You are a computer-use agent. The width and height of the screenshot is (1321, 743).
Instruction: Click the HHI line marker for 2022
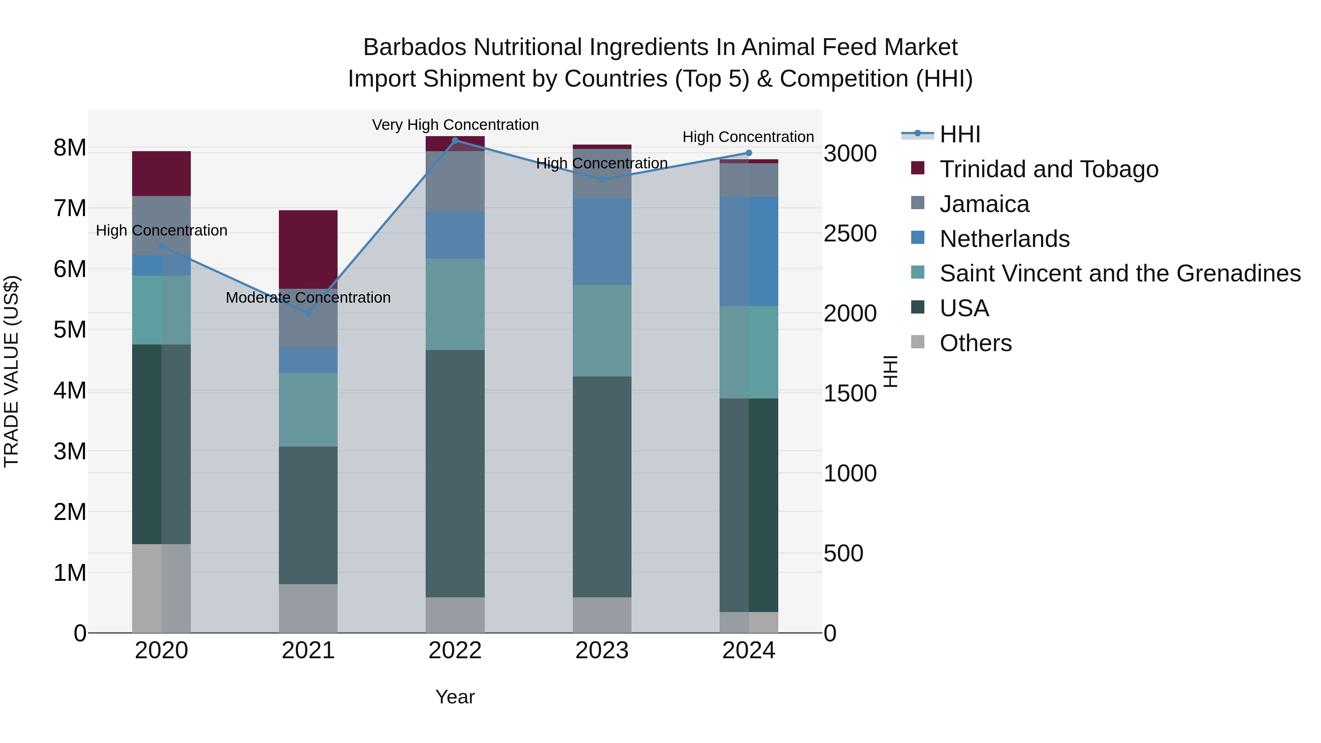tap(455, 141)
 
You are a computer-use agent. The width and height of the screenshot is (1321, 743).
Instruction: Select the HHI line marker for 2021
tap(308, 313)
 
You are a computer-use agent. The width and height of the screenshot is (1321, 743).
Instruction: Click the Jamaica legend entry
tap(983, 204)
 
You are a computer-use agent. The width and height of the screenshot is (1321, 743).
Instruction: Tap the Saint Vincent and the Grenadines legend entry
tap(1120, 273)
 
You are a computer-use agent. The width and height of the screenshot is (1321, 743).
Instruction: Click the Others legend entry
tap(975, 343)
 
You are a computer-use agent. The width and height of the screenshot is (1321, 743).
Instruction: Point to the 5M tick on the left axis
tap(70, 330)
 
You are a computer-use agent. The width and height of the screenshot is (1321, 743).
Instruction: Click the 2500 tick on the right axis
tap(850, 233)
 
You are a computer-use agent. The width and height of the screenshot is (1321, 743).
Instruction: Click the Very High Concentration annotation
tap(455, 125)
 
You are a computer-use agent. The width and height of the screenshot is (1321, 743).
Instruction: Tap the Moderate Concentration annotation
tap(308, 298)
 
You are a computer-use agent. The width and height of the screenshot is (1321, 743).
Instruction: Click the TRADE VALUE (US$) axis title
tap(12, 371)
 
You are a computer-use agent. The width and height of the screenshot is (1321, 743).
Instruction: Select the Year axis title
tap(455, 697)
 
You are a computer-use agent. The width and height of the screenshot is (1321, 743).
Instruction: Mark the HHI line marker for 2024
tap(748, 153)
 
